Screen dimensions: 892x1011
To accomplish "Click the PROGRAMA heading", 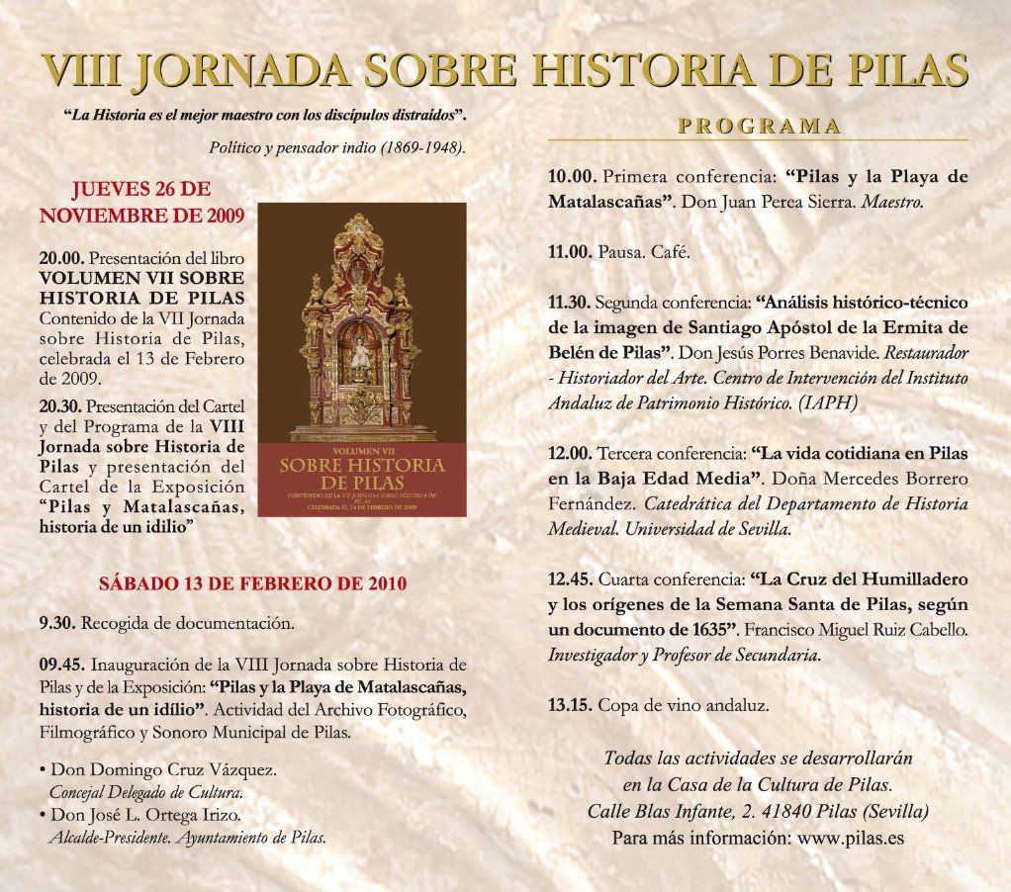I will (x=759, y=127).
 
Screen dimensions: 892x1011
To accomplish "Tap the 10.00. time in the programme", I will (x=572, y=177).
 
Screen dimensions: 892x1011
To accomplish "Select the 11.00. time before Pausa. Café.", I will (x=570, y=252).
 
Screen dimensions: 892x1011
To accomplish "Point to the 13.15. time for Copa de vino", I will (x=570, y=705).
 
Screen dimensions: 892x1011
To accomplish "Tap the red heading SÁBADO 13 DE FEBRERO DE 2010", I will (x=252, y=583).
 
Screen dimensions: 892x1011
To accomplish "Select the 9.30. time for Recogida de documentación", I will (x=57, y=624).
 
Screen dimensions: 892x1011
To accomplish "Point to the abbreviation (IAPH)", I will (x=827, y=402).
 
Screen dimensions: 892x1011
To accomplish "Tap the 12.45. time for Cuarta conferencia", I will (x=571, y=580).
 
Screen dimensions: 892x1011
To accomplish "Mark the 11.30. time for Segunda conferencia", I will (x=570, y=302).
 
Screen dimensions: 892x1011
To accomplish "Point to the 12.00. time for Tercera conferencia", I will (x=571, y=453).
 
